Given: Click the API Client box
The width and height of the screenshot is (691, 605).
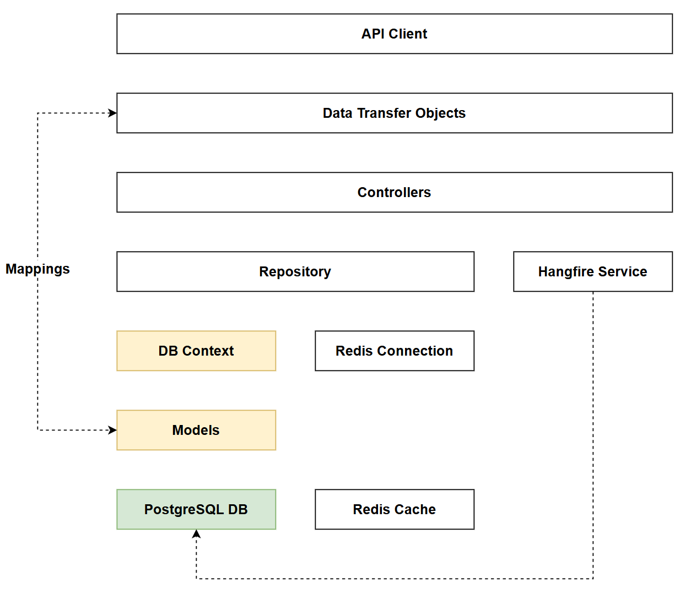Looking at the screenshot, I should tap(394, 34).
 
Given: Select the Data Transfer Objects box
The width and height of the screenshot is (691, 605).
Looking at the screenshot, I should tap(394, 113).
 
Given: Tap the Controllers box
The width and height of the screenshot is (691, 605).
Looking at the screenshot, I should tap(394, 192).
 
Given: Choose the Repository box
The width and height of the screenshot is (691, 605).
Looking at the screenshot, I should tap(295, 271).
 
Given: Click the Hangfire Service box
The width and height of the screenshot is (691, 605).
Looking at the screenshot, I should tap(592, 271).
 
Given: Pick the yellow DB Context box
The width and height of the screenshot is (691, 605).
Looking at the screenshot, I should tap(196, 351).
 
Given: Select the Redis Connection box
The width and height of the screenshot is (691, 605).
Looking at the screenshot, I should tap(394, 351).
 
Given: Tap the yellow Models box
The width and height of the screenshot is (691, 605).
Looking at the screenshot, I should tap(196, 430).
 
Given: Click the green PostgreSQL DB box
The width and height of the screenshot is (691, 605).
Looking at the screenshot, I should tap(196, 509).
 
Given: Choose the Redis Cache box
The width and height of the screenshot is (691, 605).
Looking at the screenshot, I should tap(394, 509).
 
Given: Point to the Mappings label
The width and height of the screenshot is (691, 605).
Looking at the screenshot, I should tap(37, 269).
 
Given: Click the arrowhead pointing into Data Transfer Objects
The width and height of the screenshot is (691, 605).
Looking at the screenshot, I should tap(112, 113).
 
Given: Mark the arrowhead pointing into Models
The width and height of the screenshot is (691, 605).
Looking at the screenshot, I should tap(112, 430).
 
